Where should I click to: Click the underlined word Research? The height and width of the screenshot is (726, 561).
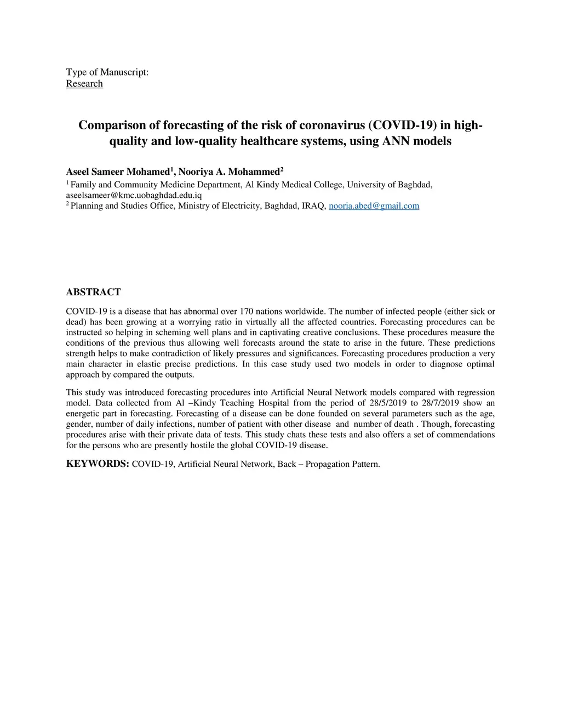pos(84,83)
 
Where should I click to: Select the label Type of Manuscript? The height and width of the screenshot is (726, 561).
pos(107,72)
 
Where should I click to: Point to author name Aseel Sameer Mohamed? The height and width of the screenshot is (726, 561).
pos(118,172)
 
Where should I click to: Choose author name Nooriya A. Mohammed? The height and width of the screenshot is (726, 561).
pos(229,172)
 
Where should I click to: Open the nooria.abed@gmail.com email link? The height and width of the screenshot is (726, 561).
pos(374,206)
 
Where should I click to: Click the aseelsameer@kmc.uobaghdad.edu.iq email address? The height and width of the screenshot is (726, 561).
pos(134,195)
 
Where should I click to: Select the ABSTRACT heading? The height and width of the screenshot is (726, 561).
pos(93,292)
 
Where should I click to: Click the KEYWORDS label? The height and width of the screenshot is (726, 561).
pos(98,464)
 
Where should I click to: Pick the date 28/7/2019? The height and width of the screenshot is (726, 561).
pos(440,403)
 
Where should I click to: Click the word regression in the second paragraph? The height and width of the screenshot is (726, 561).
pos(472,392)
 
